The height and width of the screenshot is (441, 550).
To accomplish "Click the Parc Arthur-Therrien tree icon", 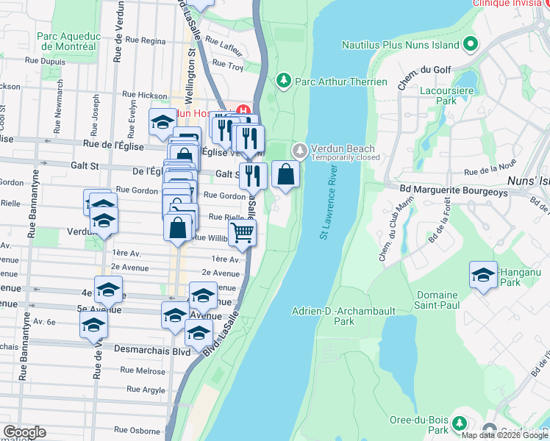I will point(282,80).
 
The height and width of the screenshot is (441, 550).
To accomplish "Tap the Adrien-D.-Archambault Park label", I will point(333,316).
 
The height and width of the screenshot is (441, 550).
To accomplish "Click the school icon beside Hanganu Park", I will point(483,276).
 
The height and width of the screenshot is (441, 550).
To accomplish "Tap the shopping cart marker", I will point(242,233).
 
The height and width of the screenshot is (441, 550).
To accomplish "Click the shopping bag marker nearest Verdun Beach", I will point(286,175).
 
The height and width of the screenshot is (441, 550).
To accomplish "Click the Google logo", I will point(24,432).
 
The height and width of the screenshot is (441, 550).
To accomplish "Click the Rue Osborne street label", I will point(137,430).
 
